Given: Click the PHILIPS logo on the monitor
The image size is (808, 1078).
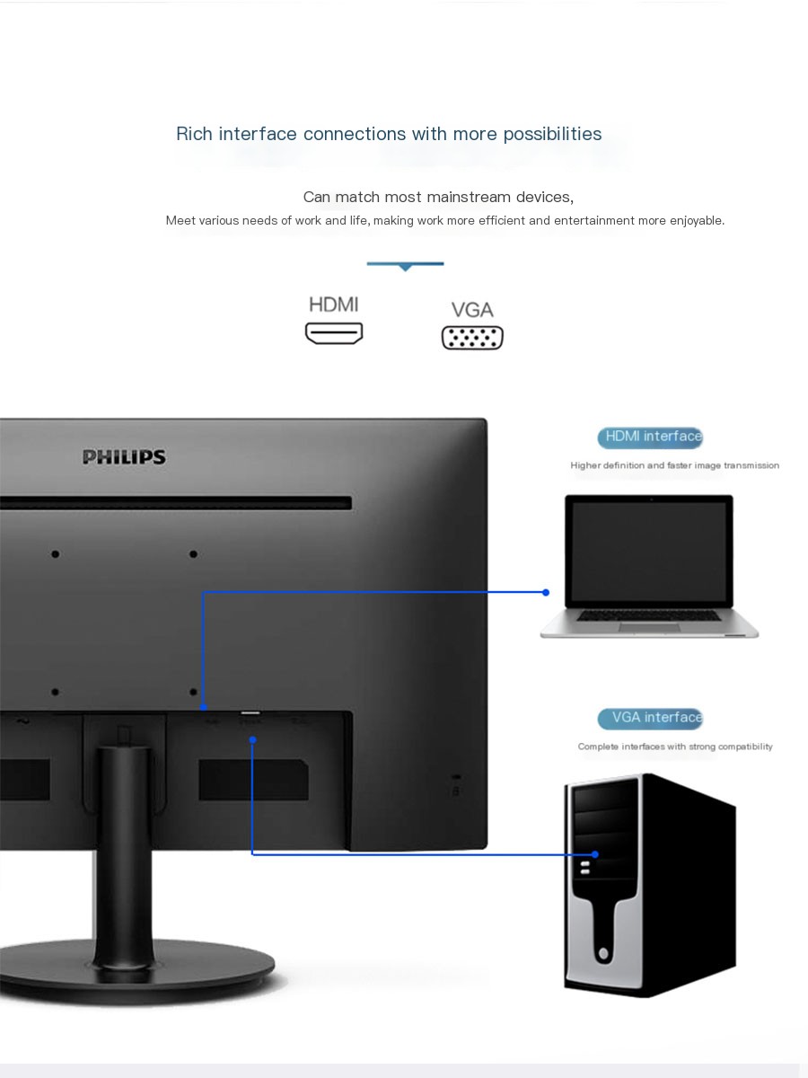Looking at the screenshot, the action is point(124,456).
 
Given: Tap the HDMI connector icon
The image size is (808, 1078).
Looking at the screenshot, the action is point(334,333).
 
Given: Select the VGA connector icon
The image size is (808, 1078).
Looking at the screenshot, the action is point(472,338).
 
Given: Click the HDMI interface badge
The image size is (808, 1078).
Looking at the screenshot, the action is point(650,437).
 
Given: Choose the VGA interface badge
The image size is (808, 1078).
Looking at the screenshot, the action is point(650,718).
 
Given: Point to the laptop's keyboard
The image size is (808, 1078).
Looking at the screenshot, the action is point(648,614).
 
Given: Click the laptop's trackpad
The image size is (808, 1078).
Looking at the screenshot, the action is point(649,628).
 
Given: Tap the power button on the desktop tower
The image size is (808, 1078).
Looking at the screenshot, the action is point(604,953).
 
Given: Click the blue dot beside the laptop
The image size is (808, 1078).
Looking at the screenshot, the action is point(546,592).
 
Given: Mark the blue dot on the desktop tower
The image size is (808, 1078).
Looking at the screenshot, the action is point(595,854).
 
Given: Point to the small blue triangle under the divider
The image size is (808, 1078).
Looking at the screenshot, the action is point(405,268).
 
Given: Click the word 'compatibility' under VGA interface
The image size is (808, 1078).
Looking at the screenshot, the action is point(745,747).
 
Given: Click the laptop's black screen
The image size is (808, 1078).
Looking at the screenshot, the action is point(649,551).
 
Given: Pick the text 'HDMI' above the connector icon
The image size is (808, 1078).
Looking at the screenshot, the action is point(334,305).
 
